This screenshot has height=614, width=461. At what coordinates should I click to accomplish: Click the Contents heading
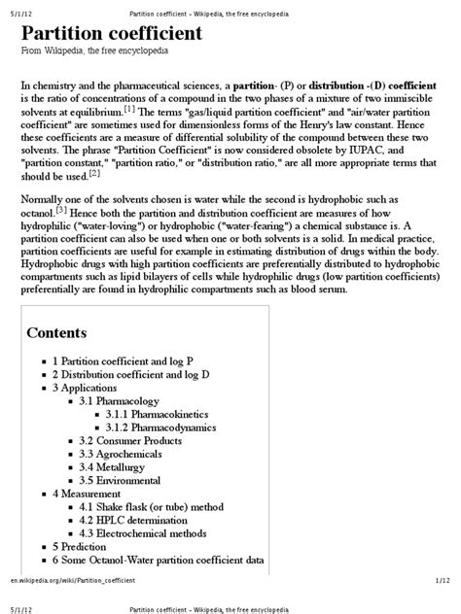pyautogui.click(x=56, y=333)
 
